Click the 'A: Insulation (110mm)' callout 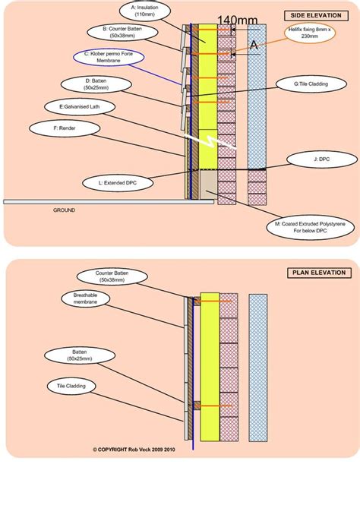(144, 11)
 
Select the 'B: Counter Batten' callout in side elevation (122, 32)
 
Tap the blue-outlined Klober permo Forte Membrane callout (109, 57)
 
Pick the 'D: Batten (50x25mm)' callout (96, 84)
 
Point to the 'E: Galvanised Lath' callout (80, 106)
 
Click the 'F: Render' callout (65, 128)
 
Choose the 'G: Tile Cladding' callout (311, 84)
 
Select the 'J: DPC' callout (322, 159)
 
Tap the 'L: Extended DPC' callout (118, 183)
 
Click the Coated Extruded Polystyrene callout (310, 227)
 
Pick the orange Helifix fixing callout (309, 33)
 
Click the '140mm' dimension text (237, 21)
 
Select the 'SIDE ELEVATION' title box (316, 15)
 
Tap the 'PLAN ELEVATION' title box (319, 273)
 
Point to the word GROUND (64, 210)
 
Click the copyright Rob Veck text (134, 450)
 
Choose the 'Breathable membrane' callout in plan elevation (85, 298)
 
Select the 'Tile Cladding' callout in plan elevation (71, 386)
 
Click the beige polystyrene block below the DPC (209, 185)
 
